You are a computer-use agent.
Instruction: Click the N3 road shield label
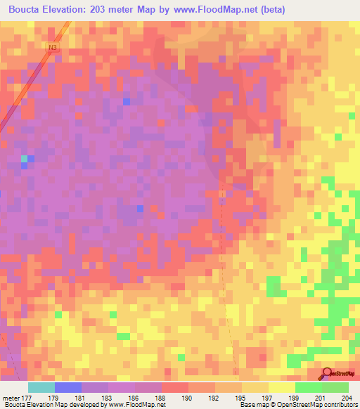53,47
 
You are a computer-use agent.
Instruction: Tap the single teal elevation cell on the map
25,159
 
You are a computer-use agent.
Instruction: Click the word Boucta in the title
27,10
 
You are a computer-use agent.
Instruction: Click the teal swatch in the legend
41,387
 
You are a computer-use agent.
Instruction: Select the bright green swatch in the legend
309,387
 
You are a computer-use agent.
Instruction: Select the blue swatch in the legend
68,387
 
